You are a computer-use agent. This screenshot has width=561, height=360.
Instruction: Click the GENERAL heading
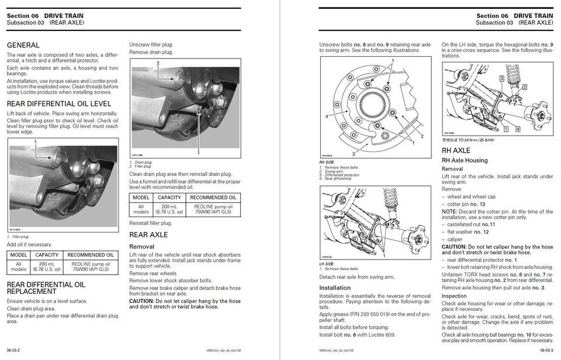[23, 45]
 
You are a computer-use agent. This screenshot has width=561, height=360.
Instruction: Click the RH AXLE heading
[456, 151]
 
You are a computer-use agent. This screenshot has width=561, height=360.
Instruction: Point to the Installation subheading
[335, 288]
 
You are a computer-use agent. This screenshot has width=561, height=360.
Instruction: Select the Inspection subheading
[454, 296]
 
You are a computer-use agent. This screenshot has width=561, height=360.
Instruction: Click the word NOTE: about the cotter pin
[451, 211]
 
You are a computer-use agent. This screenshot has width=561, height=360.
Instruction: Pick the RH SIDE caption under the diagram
[326, 161]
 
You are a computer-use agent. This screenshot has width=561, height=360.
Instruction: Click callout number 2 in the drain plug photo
[157, 63]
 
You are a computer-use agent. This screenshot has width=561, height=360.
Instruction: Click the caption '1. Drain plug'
[141, 162]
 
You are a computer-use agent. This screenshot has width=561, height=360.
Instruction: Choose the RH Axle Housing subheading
[465, 160]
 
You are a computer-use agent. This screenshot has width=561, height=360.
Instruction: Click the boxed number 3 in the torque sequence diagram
[501, 78]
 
